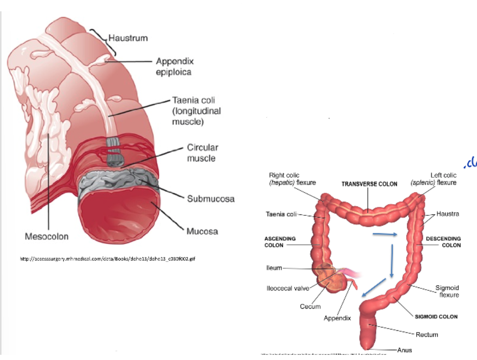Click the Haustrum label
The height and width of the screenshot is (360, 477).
click(128, 37)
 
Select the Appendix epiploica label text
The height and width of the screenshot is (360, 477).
click(174, 66)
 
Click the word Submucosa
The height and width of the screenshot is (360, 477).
click(210, 198)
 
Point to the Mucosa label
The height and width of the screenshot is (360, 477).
click(202, 231)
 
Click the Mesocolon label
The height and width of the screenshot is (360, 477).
click(47, 236)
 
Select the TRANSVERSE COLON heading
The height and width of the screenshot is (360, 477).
click(369, 184)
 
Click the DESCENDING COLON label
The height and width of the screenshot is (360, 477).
click(443, 242)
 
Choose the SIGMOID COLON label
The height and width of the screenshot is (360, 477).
click(436, 317)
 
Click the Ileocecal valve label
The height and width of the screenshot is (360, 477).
click(287, 288)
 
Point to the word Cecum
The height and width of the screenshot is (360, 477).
click(310, 306)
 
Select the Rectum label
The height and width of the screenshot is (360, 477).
click(427, 335)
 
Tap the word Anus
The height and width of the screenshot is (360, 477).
click(404, 350)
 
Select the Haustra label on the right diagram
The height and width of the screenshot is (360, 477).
click(447, 213)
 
